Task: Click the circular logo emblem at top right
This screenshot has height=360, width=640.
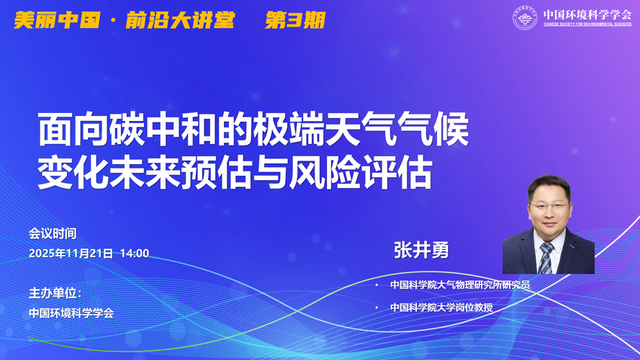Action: (x=525, y=17)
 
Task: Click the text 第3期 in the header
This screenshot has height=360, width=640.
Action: (x=294, y=20)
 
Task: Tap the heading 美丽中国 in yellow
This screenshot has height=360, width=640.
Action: (x=57, y=20)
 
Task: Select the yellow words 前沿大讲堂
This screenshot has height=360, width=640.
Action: (x=180, y=20)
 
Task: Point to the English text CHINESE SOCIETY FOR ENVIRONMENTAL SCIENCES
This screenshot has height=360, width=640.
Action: (x=587, y=24)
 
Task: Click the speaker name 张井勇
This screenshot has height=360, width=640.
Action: (x=421, y=250)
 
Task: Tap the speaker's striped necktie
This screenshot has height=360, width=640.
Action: (x=545, y=258)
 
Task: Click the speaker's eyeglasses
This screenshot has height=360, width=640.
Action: (x=549, y=206)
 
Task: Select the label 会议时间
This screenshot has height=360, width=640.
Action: (x=53, y=233)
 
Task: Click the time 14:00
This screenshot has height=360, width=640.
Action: (x=135, y=253)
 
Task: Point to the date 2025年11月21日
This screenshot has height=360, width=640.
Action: (x=71, y=253)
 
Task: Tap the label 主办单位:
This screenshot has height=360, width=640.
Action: (x=55, y=293)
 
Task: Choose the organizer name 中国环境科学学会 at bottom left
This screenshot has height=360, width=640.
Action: (x=71, y=313)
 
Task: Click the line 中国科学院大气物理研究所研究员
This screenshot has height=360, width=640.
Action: (x=460, y=285)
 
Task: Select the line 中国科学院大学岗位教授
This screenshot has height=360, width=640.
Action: (x=441, y=307)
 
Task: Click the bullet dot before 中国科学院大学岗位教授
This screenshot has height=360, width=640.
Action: (x=377, y=307)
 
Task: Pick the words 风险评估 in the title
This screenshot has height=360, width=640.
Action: (x=361, y=174)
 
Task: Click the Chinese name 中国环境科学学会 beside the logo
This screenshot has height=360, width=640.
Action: (x=587, y=14)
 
